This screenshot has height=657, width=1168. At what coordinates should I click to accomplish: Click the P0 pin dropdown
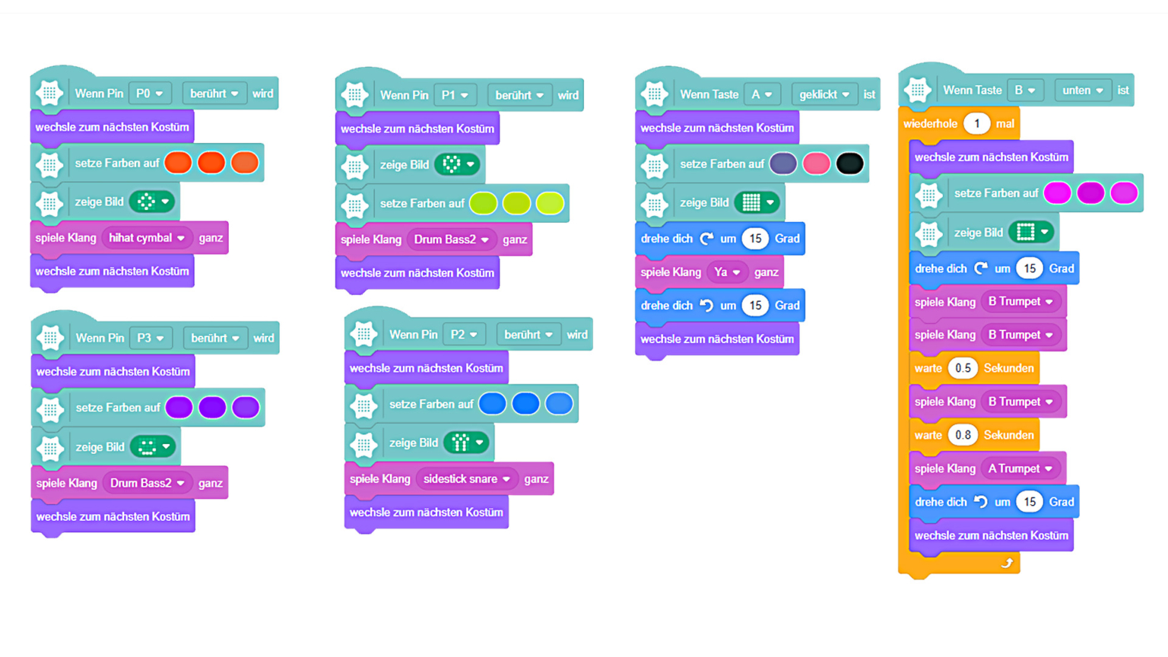point(150,94)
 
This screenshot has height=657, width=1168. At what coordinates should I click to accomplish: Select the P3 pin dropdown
point(151,338)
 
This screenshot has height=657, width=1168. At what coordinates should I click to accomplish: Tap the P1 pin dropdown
point(455,95)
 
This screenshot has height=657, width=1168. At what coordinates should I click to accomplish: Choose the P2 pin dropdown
point(464,335)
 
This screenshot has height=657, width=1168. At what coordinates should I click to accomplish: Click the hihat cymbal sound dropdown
point(147,238)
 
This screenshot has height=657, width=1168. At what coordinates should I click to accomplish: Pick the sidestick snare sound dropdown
point(466,479)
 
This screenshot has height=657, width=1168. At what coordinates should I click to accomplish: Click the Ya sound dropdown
point(727,272)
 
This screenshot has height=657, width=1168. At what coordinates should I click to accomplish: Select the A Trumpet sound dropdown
point(1020,468)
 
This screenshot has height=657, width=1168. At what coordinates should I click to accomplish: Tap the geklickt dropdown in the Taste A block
point(824,94)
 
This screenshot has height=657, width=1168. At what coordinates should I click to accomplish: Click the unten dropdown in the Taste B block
point(1083,90)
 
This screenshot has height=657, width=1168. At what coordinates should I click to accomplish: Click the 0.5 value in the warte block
point(963,368)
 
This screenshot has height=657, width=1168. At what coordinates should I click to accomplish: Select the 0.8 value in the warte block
point(963,435)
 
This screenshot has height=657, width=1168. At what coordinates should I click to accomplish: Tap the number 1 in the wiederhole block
point(976,123)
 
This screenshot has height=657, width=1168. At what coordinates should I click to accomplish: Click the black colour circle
point(849,163)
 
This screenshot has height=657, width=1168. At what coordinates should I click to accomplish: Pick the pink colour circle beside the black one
point(816,163)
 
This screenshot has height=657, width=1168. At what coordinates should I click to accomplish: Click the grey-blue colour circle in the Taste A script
point(782,163)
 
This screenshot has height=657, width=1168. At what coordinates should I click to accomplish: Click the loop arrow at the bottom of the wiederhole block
point(1006,563)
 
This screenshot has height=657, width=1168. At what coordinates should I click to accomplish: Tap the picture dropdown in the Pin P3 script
point(153,447)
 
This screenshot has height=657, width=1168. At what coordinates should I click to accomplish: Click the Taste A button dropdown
point(762,94)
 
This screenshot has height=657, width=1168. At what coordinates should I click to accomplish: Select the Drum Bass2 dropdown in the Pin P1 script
point(451,240)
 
